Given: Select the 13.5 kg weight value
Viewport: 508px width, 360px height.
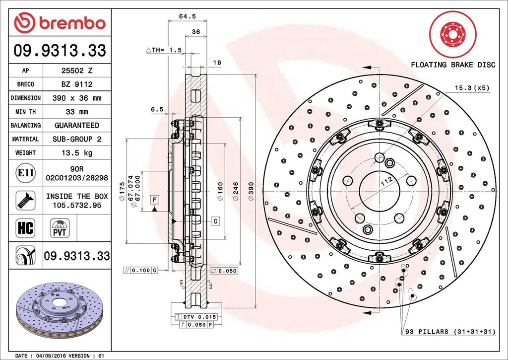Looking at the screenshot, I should (x=76, y=152).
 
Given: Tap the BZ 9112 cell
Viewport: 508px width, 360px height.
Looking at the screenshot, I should (x=76, y=84).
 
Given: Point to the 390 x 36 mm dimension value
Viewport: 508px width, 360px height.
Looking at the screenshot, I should (x=76, y=98).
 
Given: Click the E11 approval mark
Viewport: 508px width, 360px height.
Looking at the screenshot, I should (x=25, y=173).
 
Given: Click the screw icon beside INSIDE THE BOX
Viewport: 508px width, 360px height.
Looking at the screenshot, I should (x=25, y=200).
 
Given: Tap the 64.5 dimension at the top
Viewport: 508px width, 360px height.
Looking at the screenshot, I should (x=187, y=16).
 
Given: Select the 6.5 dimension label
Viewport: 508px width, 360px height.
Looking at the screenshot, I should (x=157, y=110).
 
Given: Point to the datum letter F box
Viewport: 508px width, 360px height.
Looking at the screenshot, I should (x=155, y=200).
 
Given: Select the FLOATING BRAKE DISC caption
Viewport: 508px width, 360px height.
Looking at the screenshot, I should (x=452, y=65).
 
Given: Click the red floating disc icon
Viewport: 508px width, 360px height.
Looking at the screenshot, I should (x=452, y=34).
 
